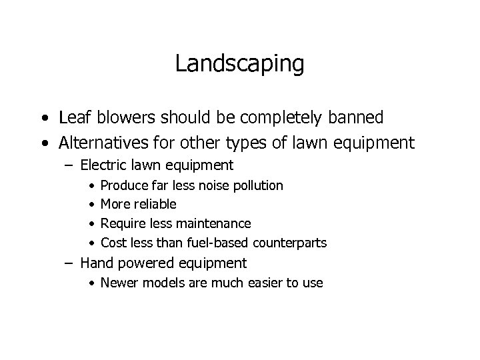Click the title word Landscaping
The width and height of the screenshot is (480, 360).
[x=240, y=65]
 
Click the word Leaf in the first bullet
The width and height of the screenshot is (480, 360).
[x=73, y=118]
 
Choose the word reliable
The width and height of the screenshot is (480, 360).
[x=155, y=204]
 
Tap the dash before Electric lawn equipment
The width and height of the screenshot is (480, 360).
[x=69, y=165]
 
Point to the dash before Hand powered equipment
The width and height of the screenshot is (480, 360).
[x=69, y=263]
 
